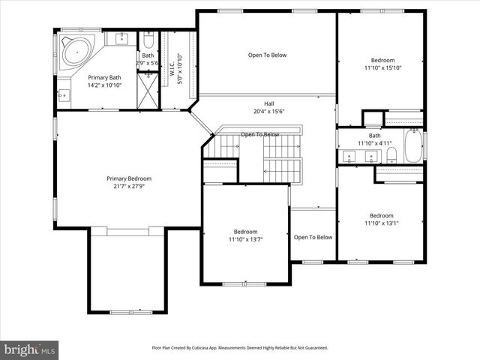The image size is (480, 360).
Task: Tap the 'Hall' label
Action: pos(268,103)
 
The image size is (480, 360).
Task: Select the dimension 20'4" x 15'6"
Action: pos(268,112)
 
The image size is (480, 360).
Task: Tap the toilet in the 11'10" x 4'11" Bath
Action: pos(391,155)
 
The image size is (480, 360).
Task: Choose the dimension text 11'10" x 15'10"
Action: pos(382,68)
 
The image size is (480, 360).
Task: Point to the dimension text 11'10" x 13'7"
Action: pos(246,239)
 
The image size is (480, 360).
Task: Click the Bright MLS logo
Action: pos(30,349)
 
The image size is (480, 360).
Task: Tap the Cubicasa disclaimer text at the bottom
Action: pos(240,348)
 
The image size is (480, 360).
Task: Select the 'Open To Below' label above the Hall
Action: pos(267,55)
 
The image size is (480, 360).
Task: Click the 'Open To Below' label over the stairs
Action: pos(259,135)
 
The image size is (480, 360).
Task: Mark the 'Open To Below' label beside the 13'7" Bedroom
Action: pos(313,238)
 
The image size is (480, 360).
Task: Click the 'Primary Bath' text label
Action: pos(104,77)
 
